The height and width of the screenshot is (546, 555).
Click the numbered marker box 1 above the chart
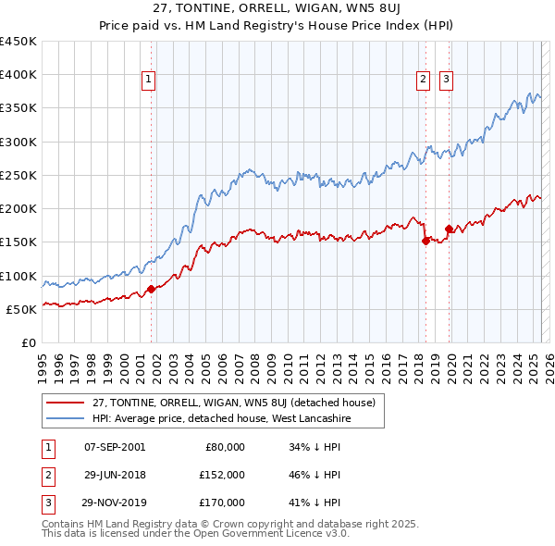click(x=149, y=81)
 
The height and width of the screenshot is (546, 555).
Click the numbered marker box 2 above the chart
click(x=423, y=81)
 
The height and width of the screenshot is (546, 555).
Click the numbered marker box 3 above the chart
click(x=446, y=81)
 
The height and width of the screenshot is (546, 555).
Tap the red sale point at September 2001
click(x=151, y=290)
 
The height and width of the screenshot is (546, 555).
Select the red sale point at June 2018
click(x=426, y=241)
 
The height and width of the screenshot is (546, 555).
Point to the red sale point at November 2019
click(x=449, y=229)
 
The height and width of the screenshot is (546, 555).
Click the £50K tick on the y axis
click(x=21, y=309)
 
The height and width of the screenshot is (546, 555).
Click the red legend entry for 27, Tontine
click(x=233, y=403)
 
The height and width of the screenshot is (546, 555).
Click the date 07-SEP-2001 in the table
click(x=114, y=447)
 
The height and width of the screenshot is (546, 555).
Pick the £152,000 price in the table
click(x=223, y=475)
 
